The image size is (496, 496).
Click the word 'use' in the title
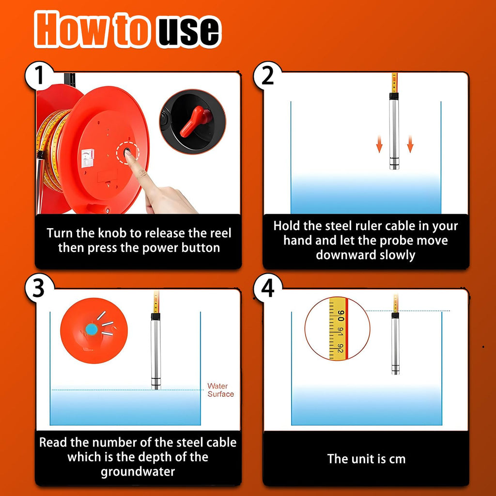pyautogui.click(x=188, y=30)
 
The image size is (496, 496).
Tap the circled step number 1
pyautogui.click(x=39, y=76)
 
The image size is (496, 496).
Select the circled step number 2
pyautogui.click(x=267, y=76)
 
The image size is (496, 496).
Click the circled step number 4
pyautogui.click(x=267, y=288)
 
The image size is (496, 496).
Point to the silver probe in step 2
pyautogui.click(x=394, y=131)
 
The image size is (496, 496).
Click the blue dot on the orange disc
pyautogui.click(x=92, y=329)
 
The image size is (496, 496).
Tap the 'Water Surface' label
pyautogui.click(x=220, y=390)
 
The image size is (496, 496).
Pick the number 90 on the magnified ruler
pyautogui.click(x=341, y=315)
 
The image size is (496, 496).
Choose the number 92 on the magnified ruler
pyautogui.click(x=340, y=348)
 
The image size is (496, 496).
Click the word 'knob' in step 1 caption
pyautogui.click(x=113, y=233)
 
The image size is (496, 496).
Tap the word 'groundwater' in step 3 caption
pyautogui.click(x=138, y=472)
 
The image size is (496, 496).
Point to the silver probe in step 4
pyautogui.click(x=395, y=343)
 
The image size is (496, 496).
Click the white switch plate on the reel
pyautogui.click(x=88, y=157)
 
